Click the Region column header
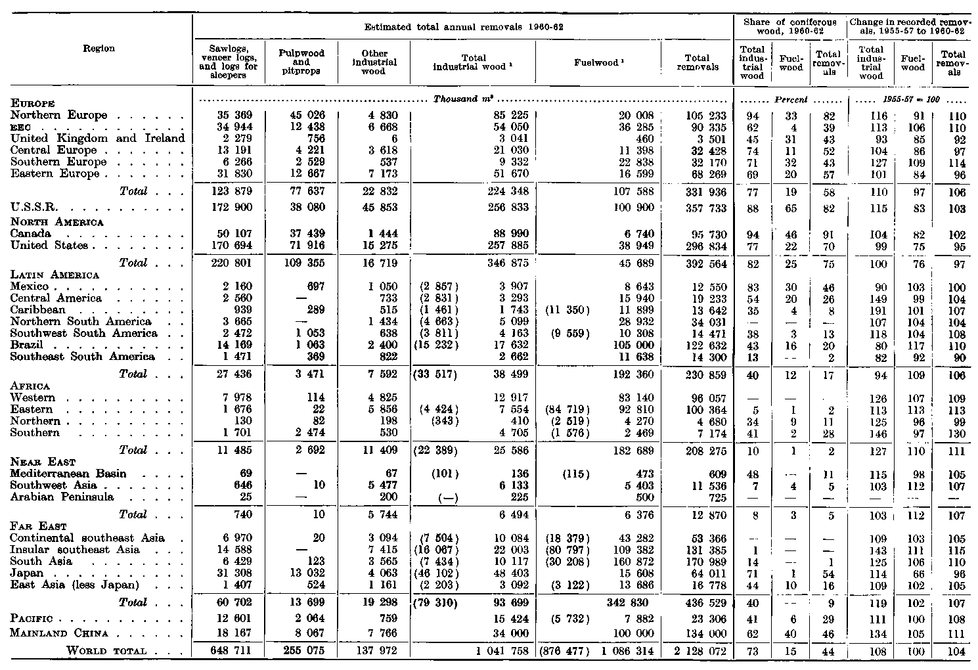pyautogui.click(x=99, y=49)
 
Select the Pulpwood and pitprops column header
pyautogui.click(x=301, y=62)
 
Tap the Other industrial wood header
pyautogui.click(x=374, y=62)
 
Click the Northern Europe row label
pyautogui.click(x=59, y=116)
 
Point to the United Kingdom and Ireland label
pyautogui.click(x=98, y=139)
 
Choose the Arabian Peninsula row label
pyautogui.click(x=62, y=497)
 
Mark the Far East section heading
pyautogui.click(x=35, y=526)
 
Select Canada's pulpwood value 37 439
pyautogui.click(x=303, y=234)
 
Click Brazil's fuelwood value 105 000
pyautogui.click(x=633, y=345)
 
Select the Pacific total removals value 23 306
pyautogui.click(x=704, y=619)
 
